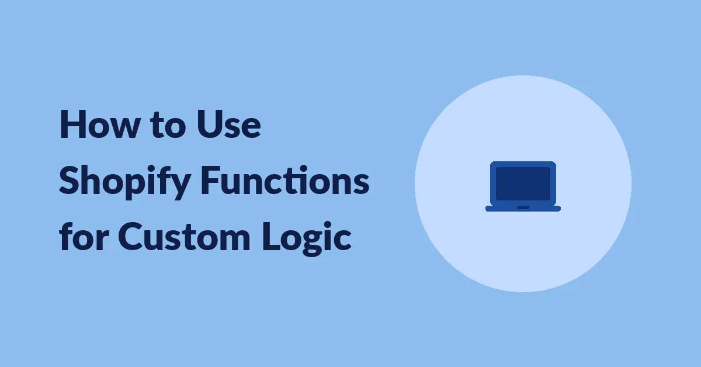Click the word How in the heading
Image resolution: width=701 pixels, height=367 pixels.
(99, 124)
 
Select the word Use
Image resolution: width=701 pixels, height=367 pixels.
(229, 124)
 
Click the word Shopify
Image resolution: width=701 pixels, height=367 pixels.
(125, 182)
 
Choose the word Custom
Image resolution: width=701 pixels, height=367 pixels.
(184, 237)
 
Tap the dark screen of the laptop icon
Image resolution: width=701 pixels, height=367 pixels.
(523, 183)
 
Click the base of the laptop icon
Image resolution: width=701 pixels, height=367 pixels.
(523, 208)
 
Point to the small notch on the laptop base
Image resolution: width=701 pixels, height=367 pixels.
(523, 207)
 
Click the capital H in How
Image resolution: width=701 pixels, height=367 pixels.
(71, 124)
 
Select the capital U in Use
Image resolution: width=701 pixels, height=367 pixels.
(209, 124)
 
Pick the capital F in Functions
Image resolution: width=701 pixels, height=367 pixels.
(210, 181)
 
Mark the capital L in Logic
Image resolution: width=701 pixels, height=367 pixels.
(271, 237)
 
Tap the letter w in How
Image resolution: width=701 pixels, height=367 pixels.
(123, 127)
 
